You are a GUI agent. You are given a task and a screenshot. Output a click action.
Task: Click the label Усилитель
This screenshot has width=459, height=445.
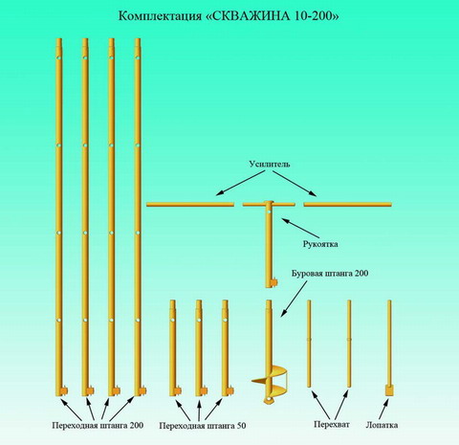pyautogui.click(x=270, y=164)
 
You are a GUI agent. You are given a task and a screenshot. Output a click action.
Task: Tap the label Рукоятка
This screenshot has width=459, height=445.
pyautogui.click(x=320, y=244)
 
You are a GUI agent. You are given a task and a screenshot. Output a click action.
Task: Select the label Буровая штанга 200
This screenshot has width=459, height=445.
pyautogui.click(x=330, y=274)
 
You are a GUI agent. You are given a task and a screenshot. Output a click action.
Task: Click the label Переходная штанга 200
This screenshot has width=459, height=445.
pyautogui.click(x=98, y=425)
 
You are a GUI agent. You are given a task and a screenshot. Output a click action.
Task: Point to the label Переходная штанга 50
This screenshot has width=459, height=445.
pyautogui.click(x=203, y=426)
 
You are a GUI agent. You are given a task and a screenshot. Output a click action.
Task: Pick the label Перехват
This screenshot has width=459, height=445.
pyautogui.click(x=332, y=424)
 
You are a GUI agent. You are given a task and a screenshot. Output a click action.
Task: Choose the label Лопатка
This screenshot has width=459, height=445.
pyautogui.click(x=382, y=425)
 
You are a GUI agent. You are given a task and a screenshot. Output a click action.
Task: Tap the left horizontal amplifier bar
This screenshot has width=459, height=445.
pyautogui.click(x=190, y=205)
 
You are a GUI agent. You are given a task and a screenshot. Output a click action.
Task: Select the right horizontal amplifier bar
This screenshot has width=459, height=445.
pyautogui.click(x=347, y=204)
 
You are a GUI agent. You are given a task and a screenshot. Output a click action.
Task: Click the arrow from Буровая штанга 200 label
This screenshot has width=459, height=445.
pyautogui.click(x=294, y=300)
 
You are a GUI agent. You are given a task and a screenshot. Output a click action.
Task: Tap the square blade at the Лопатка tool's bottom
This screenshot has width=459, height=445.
pyautogui.click(x=389, y=390)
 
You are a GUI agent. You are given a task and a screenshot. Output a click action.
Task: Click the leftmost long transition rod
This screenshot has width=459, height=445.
pyautogui.click(x=59, y=217)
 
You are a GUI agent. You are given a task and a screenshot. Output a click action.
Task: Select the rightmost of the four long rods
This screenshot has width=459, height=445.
pyautogui.click(x=138, y=217)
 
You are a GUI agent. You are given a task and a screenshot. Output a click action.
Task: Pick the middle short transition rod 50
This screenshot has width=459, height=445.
pyautogui.click(x=199, y=347)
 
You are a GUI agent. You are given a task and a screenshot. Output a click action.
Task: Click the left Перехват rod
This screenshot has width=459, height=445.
pyautogui.click(x=309, y=344)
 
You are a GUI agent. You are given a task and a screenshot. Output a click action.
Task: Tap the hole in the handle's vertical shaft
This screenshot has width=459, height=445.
pyautogui.click(x=270, y=212)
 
